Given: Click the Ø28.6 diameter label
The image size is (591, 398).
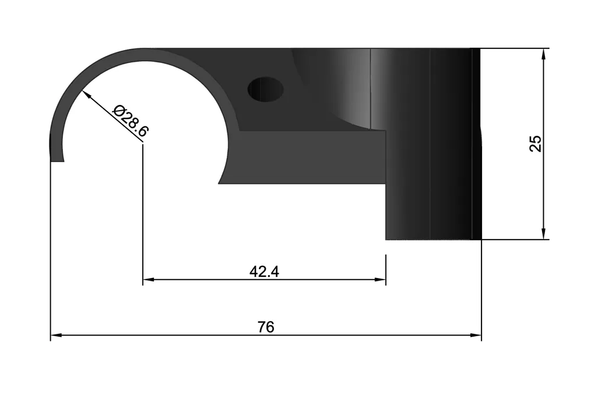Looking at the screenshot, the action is click(131, 121).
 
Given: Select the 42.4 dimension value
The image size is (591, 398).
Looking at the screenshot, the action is click(264, 272).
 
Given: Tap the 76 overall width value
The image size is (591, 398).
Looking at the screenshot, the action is click(266, 327).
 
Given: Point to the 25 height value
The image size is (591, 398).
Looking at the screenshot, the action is click(535, 143).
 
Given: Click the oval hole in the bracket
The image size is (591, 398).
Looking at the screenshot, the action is click(265, 89).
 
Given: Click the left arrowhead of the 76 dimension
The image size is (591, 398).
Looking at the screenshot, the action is click(56, 334).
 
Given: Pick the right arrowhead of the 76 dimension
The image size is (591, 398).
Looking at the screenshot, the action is click(476, 334).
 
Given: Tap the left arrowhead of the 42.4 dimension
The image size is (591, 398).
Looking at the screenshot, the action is click(149, 279).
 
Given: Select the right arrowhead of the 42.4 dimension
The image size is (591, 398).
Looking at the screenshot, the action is click(380, 279).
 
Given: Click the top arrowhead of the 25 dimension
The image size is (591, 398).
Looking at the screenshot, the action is click(543, 54).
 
